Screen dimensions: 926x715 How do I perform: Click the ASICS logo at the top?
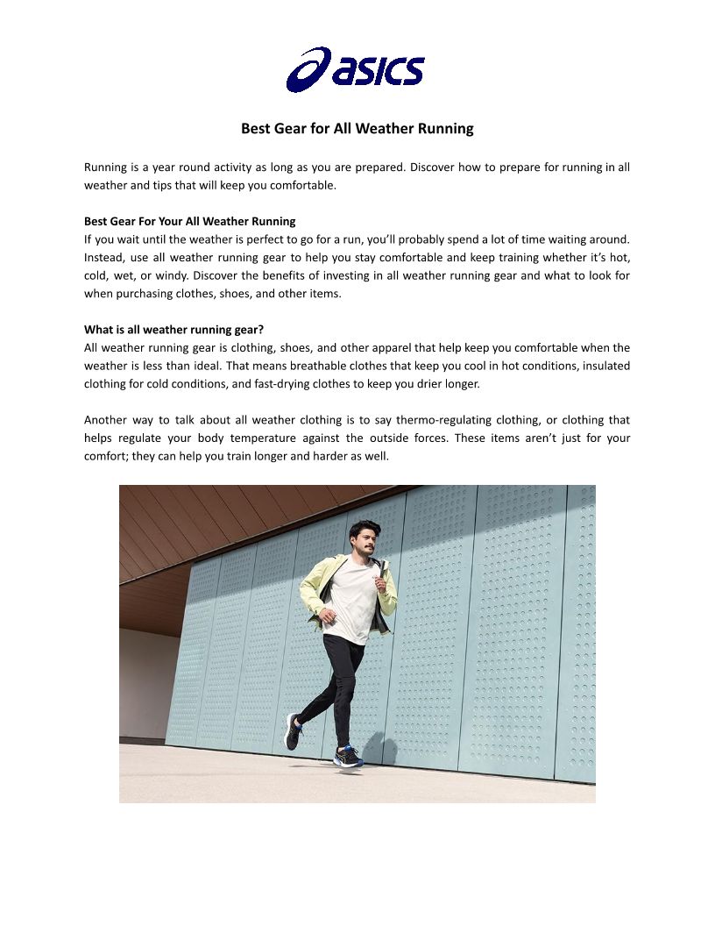point(355,70)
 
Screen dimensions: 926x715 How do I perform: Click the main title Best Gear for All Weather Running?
point(357,129)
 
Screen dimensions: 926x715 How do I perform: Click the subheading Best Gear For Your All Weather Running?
point(189,221)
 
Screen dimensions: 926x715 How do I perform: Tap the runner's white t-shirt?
point(350,596)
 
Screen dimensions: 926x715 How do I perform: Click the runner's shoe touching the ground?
point(348,756)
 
